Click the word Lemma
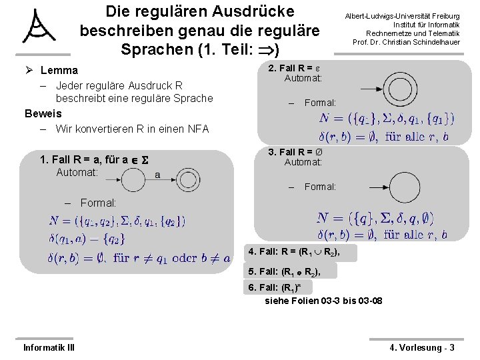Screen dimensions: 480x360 [x=59, y=70]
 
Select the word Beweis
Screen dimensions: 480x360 [x=43, y=113]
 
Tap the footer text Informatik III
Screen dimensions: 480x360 [x=49, y=347]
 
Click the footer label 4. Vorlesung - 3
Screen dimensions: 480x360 [x=422, y=347]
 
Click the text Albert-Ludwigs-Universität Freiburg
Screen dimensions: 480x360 [x=402, y=16]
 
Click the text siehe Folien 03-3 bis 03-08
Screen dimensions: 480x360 [x=323, y=301]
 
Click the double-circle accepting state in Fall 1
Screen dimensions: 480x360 [x=186, y=181]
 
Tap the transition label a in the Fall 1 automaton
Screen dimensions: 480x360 [x=157, y=175]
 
